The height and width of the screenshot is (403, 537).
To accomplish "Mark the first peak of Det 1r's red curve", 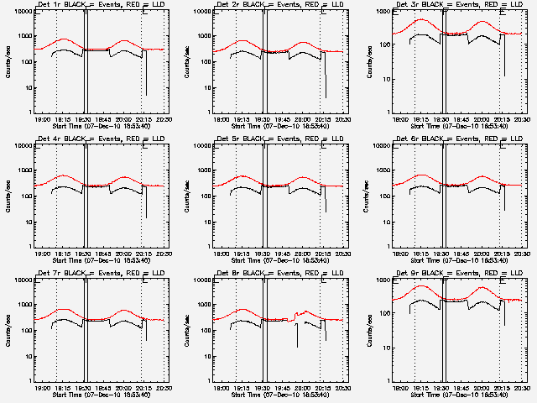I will (65, 39).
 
